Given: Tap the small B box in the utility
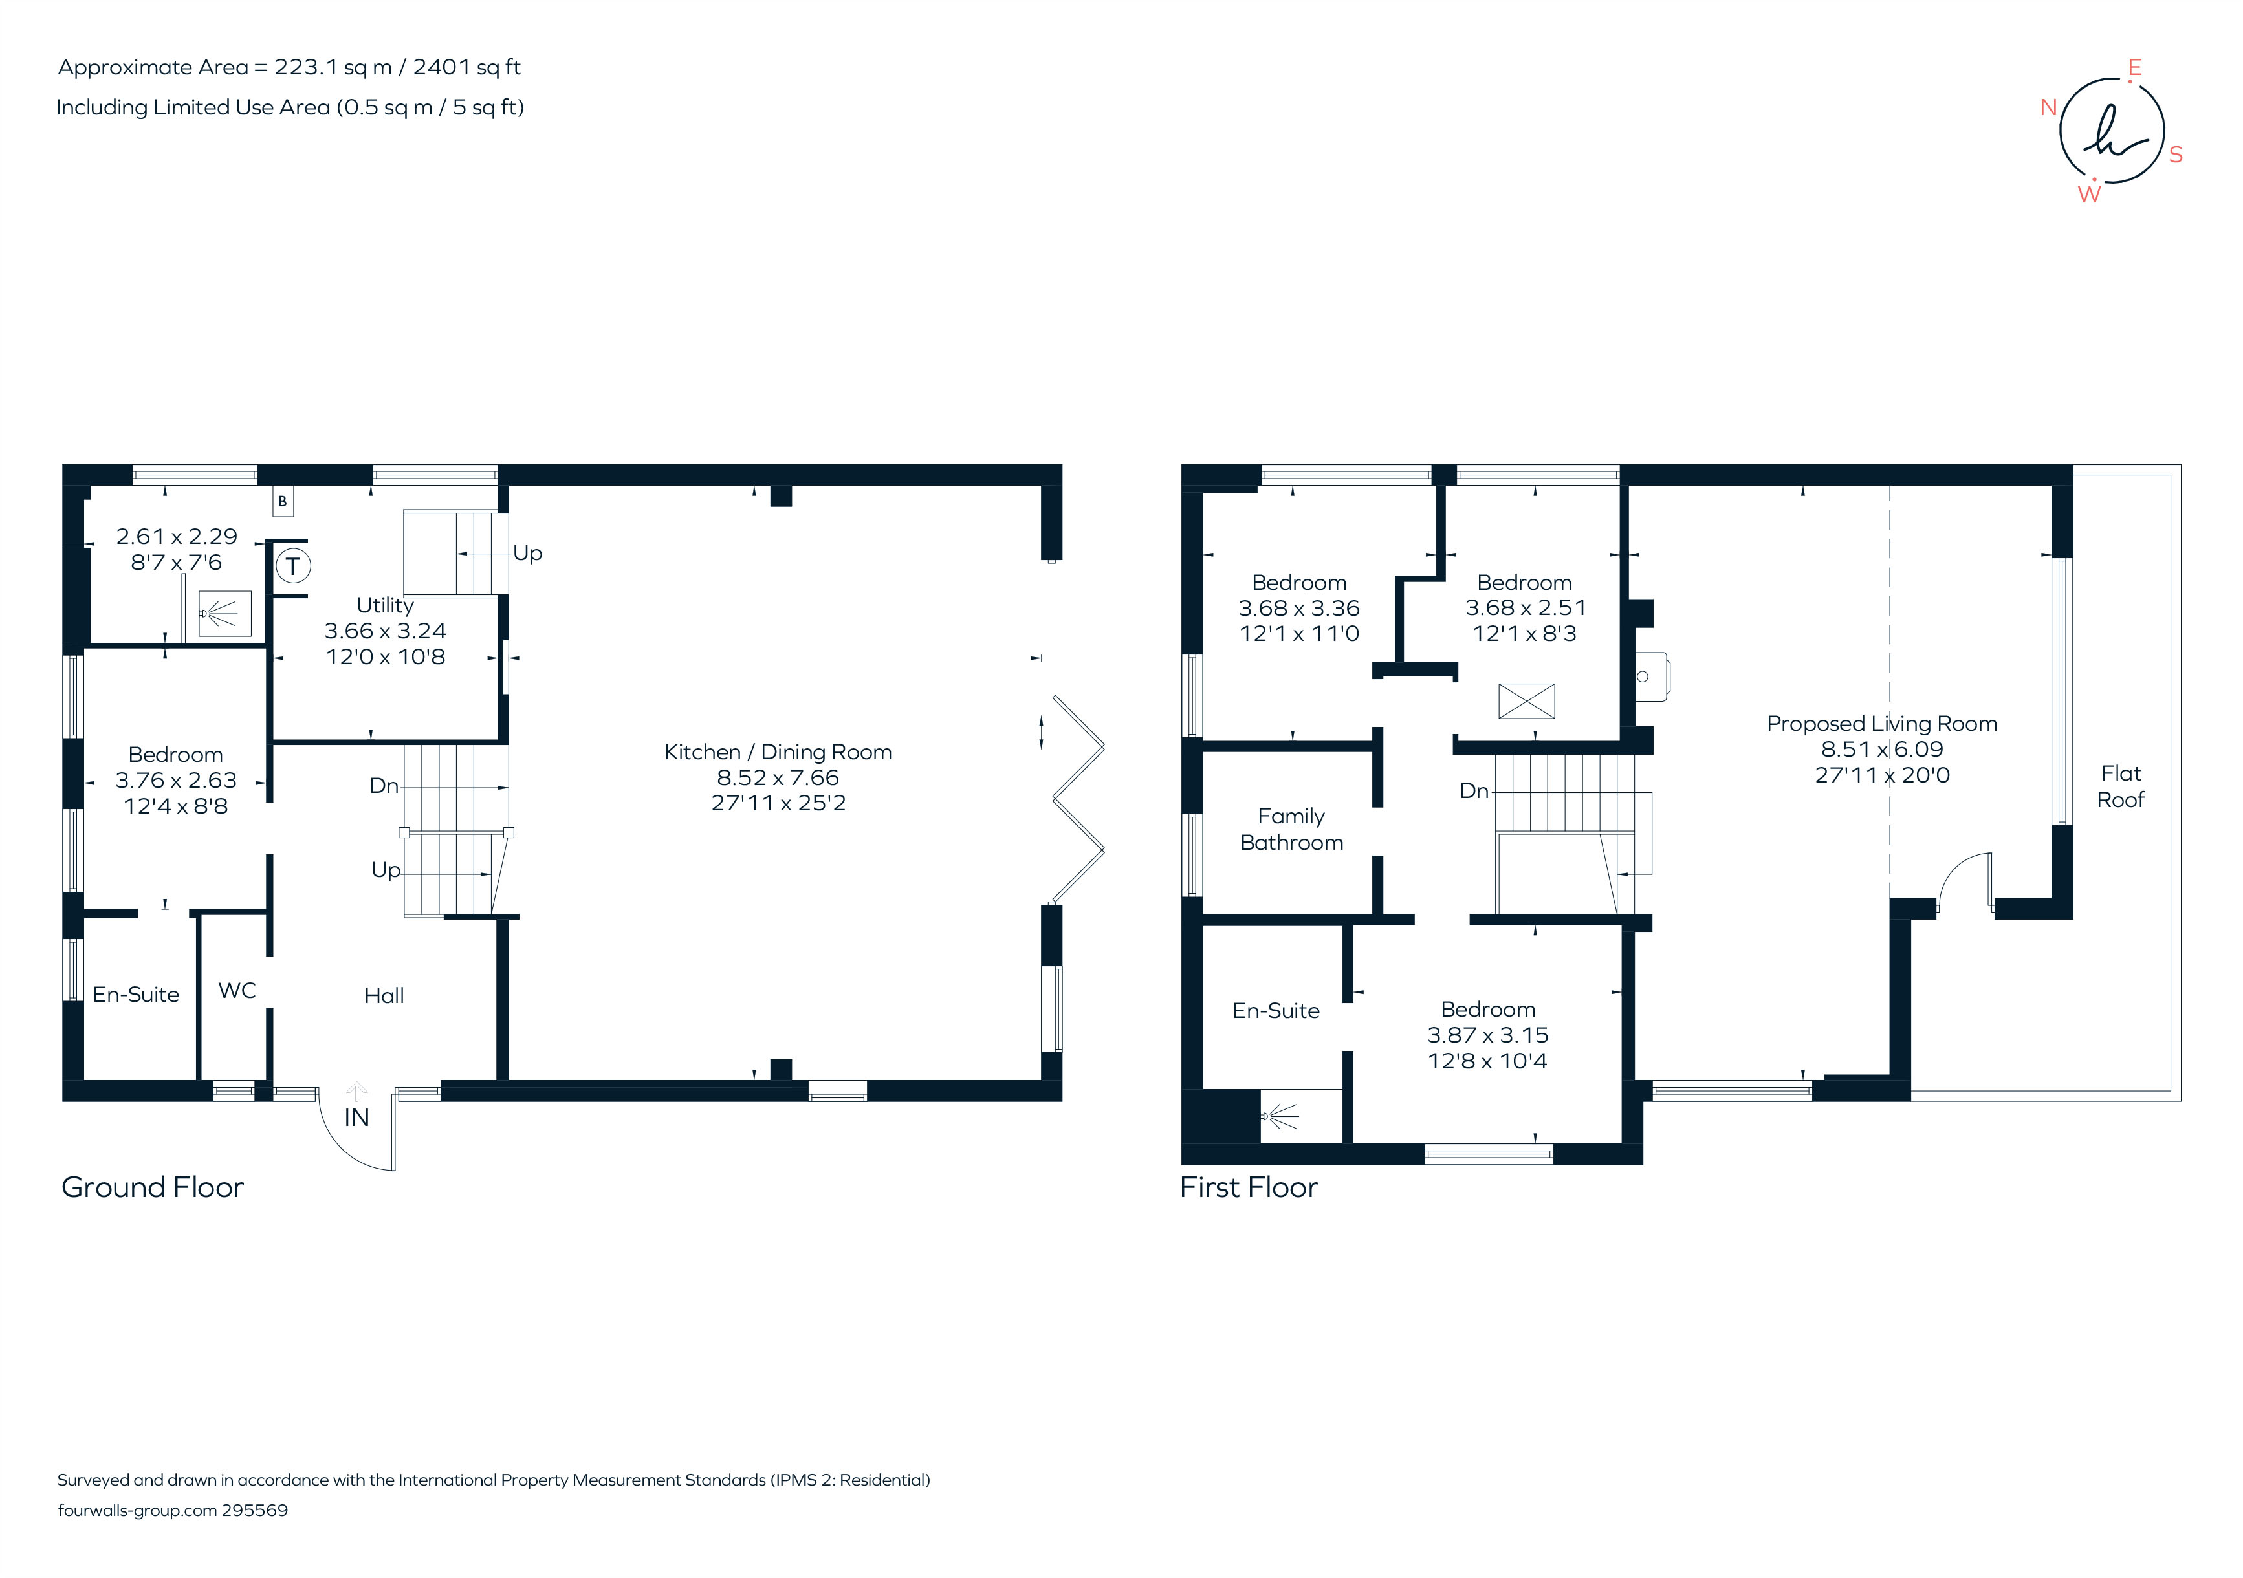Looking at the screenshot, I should [282, 502].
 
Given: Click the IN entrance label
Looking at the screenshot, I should [356, 1117].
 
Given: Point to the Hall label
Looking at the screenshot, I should [384, 995].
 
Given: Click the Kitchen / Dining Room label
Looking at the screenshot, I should [778, 752].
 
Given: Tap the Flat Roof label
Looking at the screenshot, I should [2121, 786].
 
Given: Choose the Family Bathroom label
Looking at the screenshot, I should [1291, 829].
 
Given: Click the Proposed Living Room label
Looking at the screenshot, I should [1881, 724].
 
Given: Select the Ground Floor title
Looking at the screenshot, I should [153, 1187].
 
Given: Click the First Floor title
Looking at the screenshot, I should [1249, 1187].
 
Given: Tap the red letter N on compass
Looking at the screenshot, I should [2049, 107].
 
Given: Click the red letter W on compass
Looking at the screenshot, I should [2088, 194].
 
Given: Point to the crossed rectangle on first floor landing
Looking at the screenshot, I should [1526, 701].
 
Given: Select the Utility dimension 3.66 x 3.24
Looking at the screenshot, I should [385, 631].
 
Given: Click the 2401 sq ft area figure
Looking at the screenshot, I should [467, 67].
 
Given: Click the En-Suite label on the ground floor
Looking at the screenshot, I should [136, 994].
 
